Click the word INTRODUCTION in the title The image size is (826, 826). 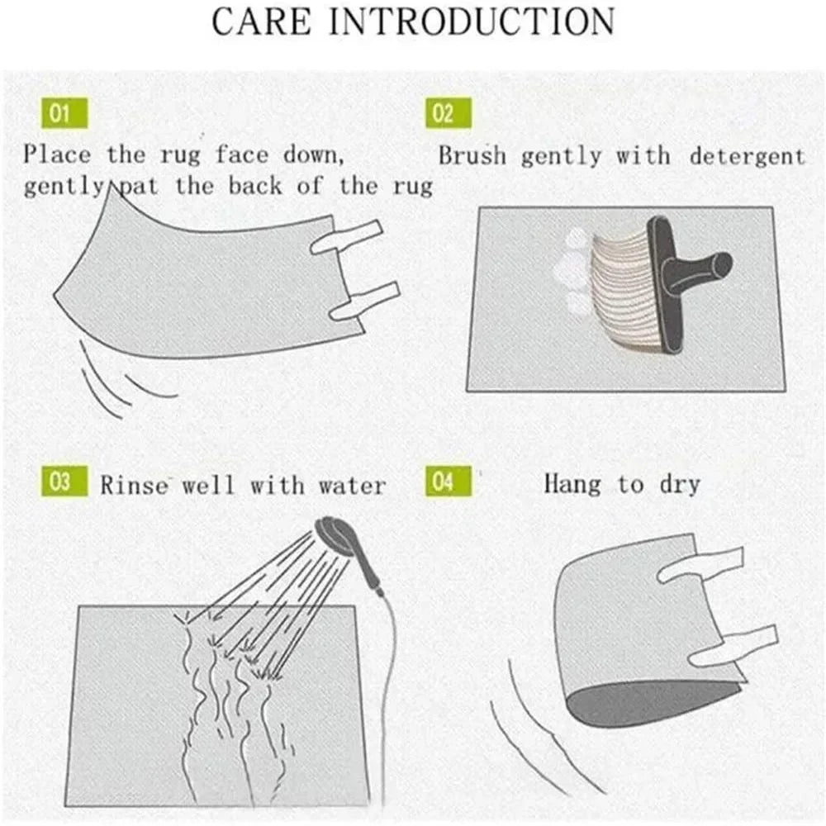(x=472, y=21)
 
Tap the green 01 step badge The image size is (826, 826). (x=60, y=114)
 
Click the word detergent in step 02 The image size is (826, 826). (x=747, y=155)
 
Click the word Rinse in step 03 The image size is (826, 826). (x=133, y=484)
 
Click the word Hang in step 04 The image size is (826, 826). (x=572, y=483)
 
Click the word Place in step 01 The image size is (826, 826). (x=58, y=154)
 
